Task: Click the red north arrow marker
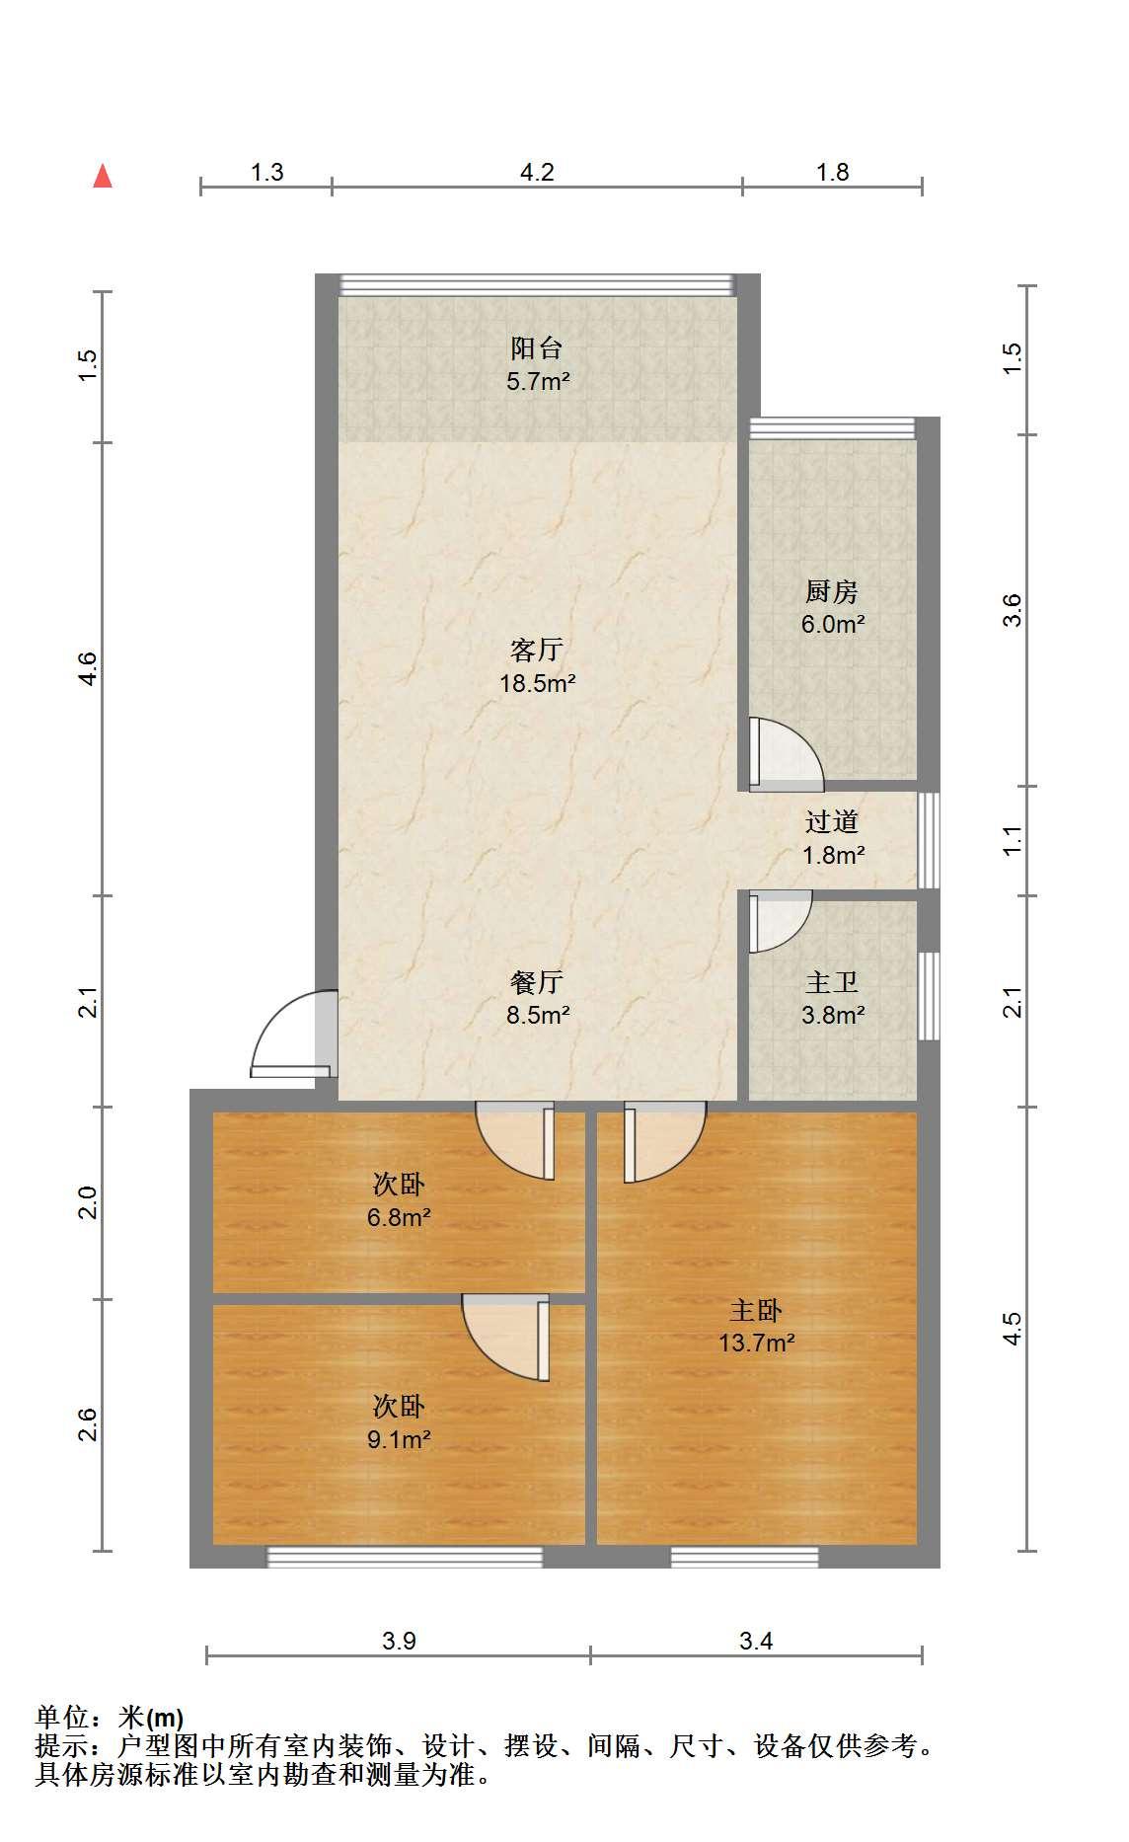click(103, 176)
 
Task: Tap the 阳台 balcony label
click(537, 348)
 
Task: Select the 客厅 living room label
click(537, 650)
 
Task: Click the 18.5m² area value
click(538, 682)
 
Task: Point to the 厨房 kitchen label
click(832, 591)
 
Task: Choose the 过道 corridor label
click(832, 821)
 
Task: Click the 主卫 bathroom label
click(832, 982)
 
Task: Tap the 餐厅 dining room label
click(537, 981)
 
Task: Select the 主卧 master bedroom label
click(756, 1310)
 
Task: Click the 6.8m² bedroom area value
click(399, 1217)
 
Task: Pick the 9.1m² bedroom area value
click(399, 1439)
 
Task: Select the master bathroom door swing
click(780, 922)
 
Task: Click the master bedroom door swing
click(665, 1142)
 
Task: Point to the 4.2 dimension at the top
click(537, 173)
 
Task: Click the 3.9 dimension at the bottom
click(399, 1641)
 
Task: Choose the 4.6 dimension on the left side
click(89, 669)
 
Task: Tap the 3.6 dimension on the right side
click(1012, 610)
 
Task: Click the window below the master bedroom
click(745, 1557)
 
